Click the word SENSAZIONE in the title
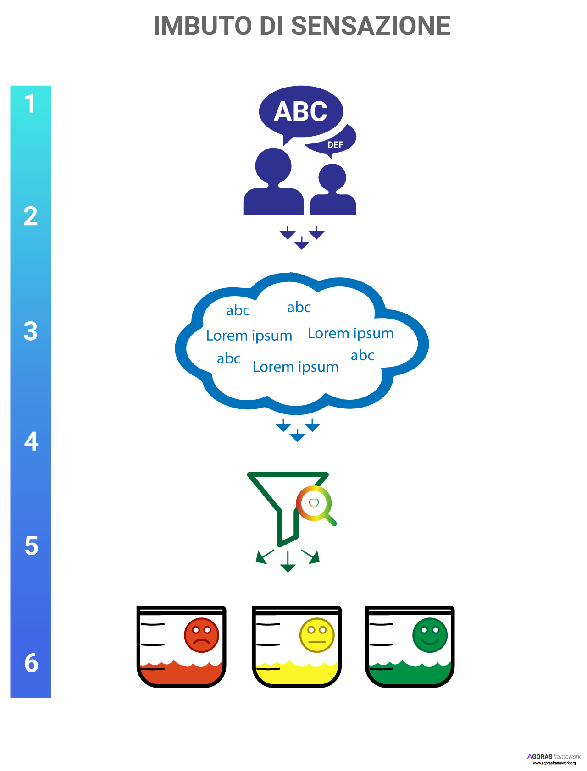tap(371, 26)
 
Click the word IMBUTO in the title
tap(202, 26)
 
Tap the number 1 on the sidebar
tap(30, 104)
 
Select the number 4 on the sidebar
tap(31, 441)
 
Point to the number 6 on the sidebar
tap(31, 663)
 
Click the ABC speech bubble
tap(300, 111)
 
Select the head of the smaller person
tap(332, 177)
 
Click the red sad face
tap(201, 635)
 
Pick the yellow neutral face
tap(316, 635)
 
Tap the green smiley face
tap(430, 635)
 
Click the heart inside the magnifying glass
tap(314, 503)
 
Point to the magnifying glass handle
tap(330, 519)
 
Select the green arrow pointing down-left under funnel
tap(264, 556)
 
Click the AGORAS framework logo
tap(554, 759)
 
